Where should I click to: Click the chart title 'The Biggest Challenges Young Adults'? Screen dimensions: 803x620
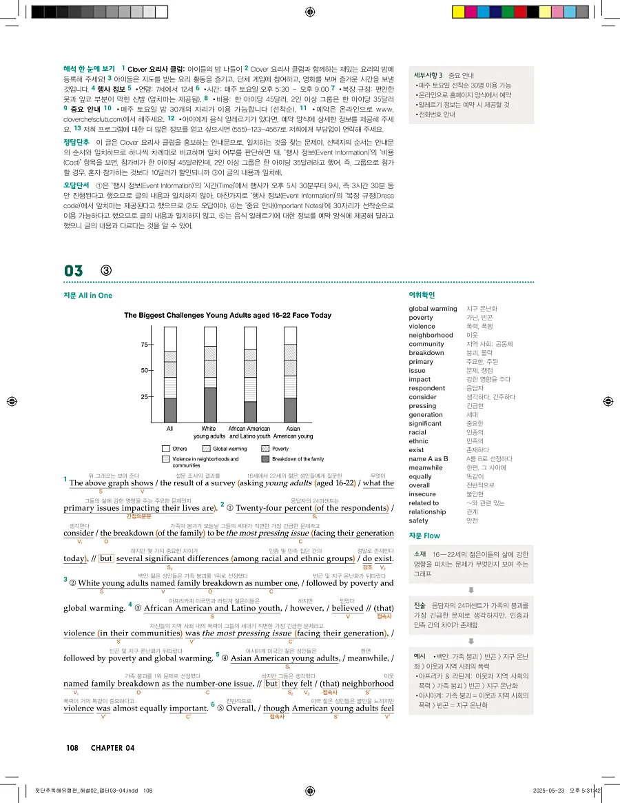(227, 315)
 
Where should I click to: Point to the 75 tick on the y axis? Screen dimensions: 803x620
(145, 345)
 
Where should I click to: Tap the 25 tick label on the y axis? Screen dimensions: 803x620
(145, 397)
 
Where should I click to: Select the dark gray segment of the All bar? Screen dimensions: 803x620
(169, 409)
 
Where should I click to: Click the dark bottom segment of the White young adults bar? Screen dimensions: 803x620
(210, 405)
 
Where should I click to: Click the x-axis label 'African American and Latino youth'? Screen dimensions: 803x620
(249, 432)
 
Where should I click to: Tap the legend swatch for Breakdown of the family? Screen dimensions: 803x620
(265, 458)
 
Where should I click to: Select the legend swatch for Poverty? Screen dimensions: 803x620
(265, 449)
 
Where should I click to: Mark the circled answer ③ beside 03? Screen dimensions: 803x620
(107, 270)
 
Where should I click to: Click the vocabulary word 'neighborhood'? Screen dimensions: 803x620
(431, 335)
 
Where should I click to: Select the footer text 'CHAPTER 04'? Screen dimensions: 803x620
(112, 748)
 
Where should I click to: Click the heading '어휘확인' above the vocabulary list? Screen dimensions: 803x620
(422, 295)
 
